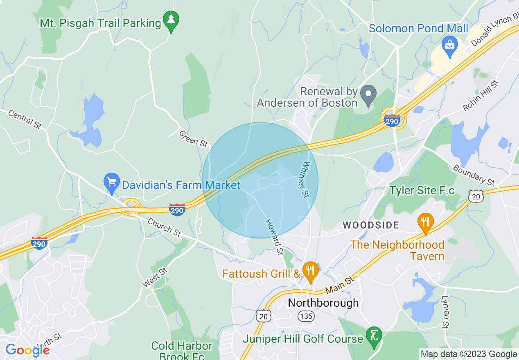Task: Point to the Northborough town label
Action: coord(323,303)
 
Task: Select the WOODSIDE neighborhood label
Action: coord(371,225)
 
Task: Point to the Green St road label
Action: coord(194,139)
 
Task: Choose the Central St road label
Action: coord(25,120)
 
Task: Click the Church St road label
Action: coord(164,227)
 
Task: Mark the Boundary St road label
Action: coord(474,175)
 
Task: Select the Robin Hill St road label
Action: coord(481,96)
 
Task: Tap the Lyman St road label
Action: coord(445,313)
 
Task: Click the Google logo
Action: coord(27,350)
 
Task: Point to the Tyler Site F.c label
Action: coord(422,190)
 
